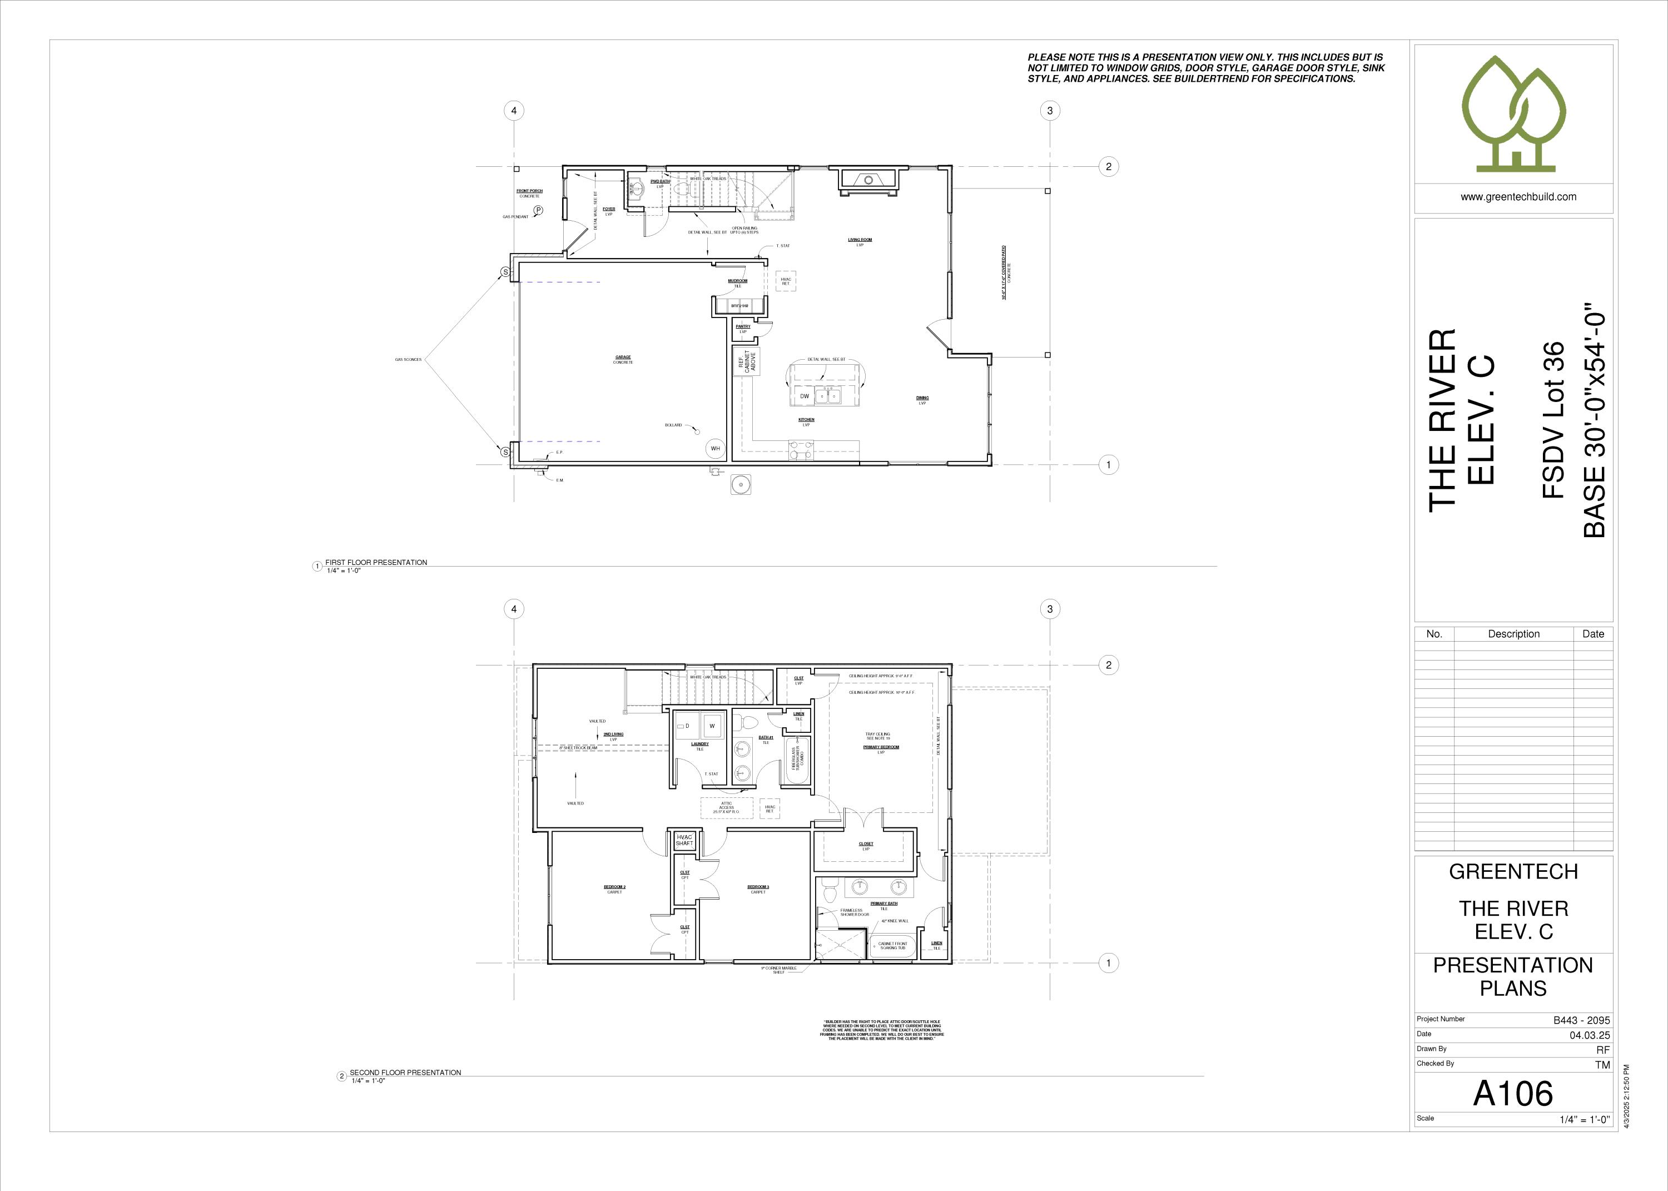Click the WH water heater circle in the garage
(x=715, y=448)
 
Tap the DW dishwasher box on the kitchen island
(x=805, y=396)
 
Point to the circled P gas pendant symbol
(x=538, y=211)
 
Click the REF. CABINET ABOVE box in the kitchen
(x=747, y=360)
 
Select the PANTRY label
(x=743, y=327)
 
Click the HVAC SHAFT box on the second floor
(x=684, y=840)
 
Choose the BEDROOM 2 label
(x=614, y=887)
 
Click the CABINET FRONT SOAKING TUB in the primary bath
(x=892, y=946)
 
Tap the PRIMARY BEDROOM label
(x=881, y=747)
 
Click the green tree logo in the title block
(x=1513, y=113)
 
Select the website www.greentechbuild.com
(x=1513, y=196)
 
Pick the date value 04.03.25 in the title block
(x=1589, y=1035)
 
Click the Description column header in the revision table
(x=1513, y=634)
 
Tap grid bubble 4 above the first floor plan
(x=514, y=111)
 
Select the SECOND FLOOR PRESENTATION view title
(x=405, y=1072)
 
